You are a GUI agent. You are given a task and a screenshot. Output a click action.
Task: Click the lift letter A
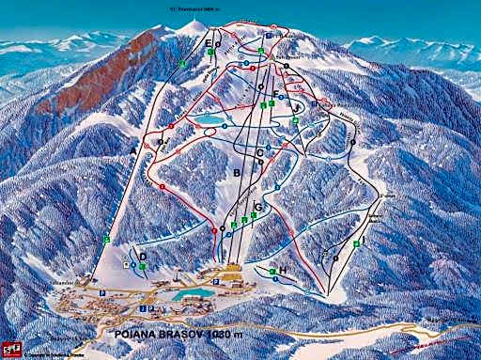(134, 151)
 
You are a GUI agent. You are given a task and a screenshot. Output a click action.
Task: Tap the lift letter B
(236, 173)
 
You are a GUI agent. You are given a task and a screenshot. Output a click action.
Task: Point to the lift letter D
(143, 256)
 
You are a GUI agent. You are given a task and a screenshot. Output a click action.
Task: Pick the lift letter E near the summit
(209, 42)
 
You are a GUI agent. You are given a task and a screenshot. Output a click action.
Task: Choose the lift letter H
(283, 271)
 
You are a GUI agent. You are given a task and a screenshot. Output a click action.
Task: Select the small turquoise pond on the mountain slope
(212, 120)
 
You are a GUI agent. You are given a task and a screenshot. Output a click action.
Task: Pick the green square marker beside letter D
(143, 266)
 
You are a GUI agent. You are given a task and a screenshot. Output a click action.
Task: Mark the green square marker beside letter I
(357, 243)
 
